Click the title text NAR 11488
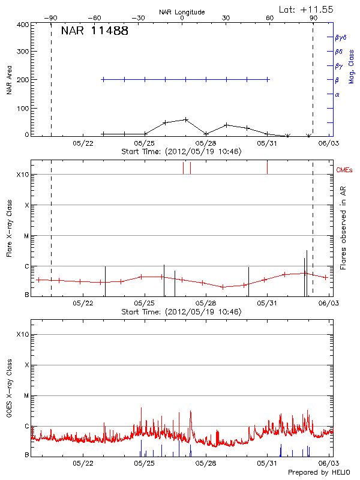[x=94, y=31]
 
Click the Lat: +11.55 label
[x=307, y=9]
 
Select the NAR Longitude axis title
[x=182, y=12]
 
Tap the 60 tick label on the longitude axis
[x=269, y=18]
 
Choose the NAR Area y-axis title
[x=9, y=80]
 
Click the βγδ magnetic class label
[x=340, y=37]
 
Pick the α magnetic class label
[x=337, y=94]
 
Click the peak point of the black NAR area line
[x=186, y=119]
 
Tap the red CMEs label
[x=344, y=170]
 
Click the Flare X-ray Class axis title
[x=9, y=227]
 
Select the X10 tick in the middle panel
[x=23, y=175]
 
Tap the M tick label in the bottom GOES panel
[x=26, y=396]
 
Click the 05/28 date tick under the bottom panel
[x=206, y=463]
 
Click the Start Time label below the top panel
[x=181, y=152]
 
